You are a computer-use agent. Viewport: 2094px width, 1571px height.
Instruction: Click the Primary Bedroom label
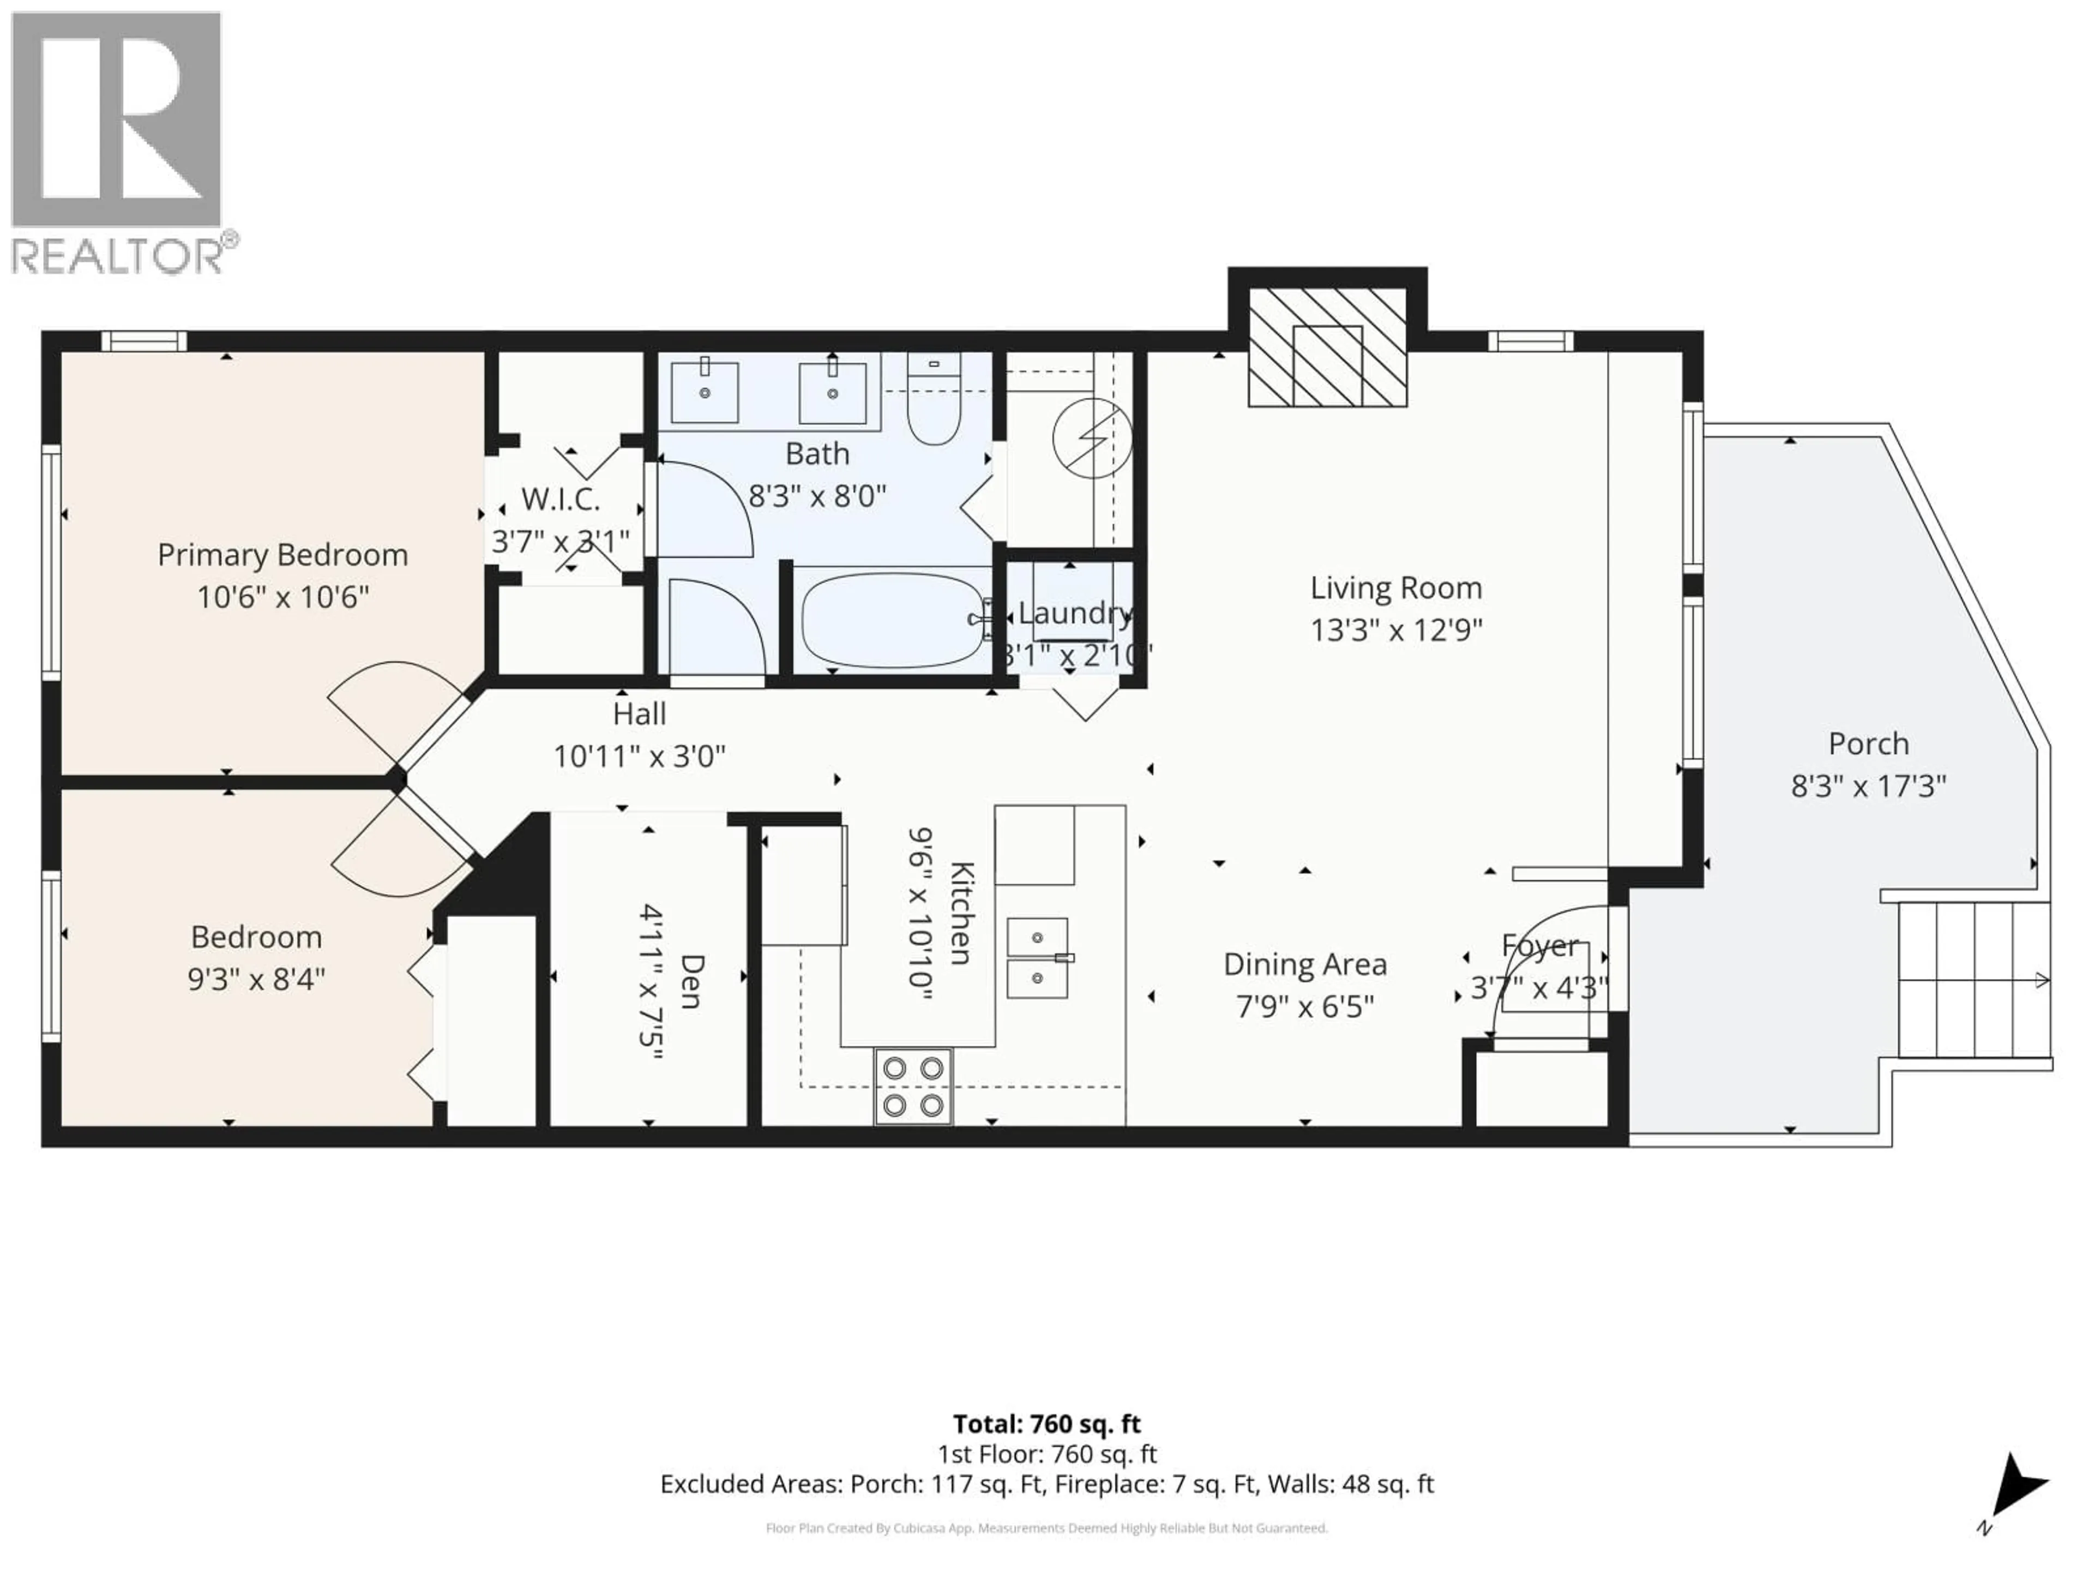coord(282,555)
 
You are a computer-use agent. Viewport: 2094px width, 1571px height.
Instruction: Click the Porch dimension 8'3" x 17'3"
coord(1868,786)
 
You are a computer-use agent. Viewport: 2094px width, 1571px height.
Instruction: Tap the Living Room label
coord(1395,588)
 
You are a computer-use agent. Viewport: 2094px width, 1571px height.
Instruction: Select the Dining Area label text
coord(1304,964)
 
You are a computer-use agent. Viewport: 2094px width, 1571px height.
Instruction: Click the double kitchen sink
coord(1038,957)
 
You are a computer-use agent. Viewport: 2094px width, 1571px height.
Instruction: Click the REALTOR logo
coord(117,142)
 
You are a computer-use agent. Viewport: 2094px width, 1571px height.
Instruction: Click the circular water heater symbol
coord(1092,439)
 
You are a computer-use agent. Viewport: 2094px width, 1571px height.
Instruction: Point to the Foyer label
coord(1539,945)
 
